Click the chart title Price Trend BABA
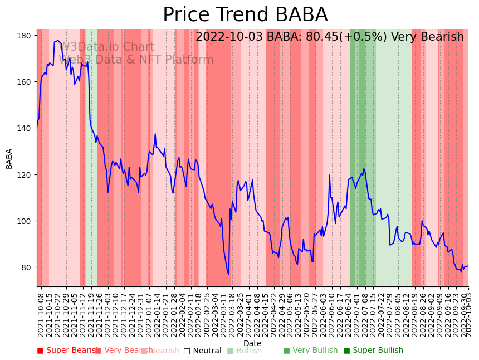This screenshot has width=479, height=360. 245,15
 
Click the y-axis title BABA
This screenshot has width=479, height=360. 9,158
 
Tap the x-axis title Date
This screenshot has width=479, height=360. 252,344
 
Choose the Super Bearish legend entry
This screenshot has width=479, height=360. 68,351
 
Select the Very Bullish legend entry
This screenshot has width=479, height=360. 310,351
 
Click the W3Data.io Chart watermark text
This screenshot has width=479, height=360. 107,47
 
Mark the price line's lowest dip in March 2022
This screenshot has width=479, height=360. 228,274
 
